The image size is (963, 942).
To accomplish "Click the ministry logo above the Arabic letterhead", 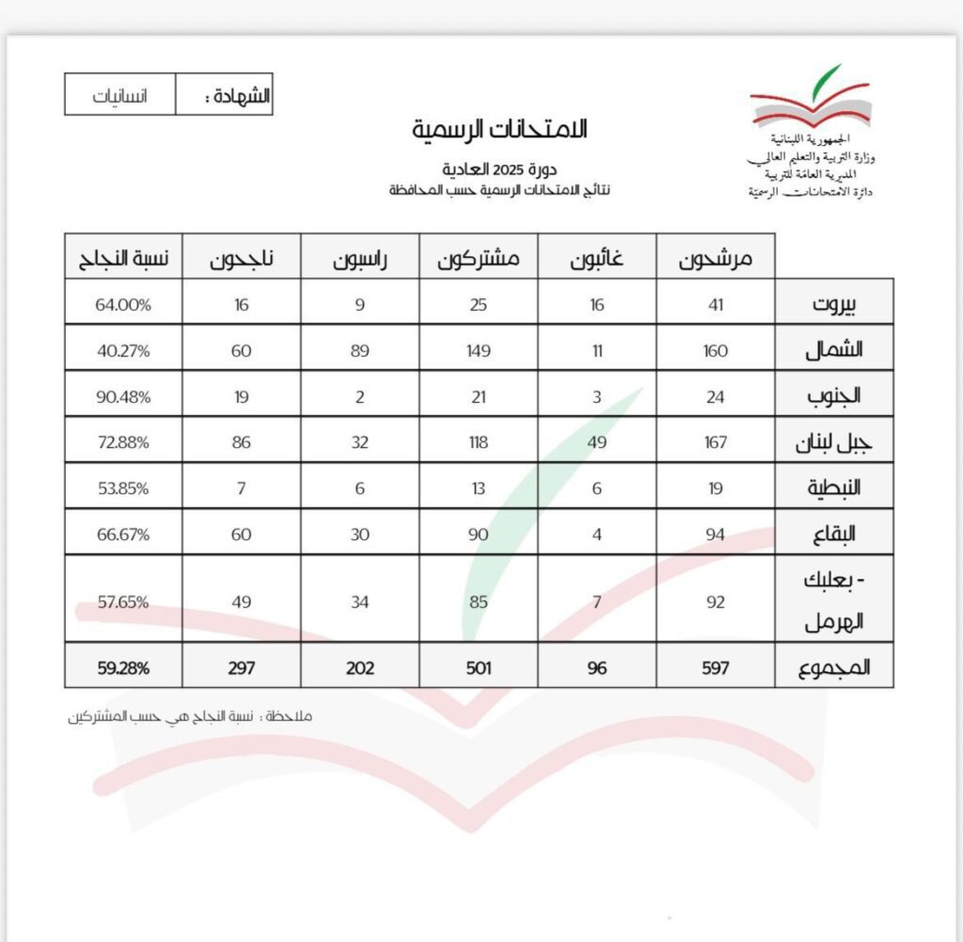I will tap(809, 97).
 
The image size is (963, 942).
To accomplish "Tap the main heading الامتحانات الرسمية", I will tap(498, 130).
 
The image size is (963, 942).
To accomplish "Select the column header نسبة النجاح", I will tap(123, 257).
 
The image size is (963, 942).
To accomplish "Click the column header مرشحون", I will tap(716, 257).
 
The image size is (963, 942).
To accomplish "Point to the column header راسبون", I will tap(360, 257).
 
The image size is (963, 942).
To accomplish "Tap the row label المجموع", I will tap(833, 667).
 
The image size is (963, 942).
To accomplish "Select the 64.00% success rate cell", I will tap(123, 304).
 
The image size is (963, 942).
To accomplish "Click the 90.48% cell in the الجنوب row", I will tap(123, 396).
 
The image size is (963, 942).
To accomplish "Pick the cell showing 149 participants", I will tap(479, 350).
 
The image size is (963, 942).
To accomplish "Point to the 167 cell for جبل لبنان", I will tap(716, 442).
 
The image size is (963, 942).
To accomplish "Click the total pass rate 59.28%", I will tap(123, 667).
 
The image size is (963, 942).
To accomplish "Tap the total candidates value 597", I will tap(716, 667).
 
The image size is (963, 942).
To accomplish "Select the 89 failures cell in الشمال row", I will tap(360, 350).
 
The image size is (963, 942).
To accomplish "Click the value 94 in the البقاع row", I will tap(716, 535).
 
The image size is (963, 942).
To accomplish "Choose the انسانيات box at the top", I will tap(120, 96).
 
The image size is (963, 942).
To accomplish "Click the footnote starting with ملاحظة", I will tap(189, 716).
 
